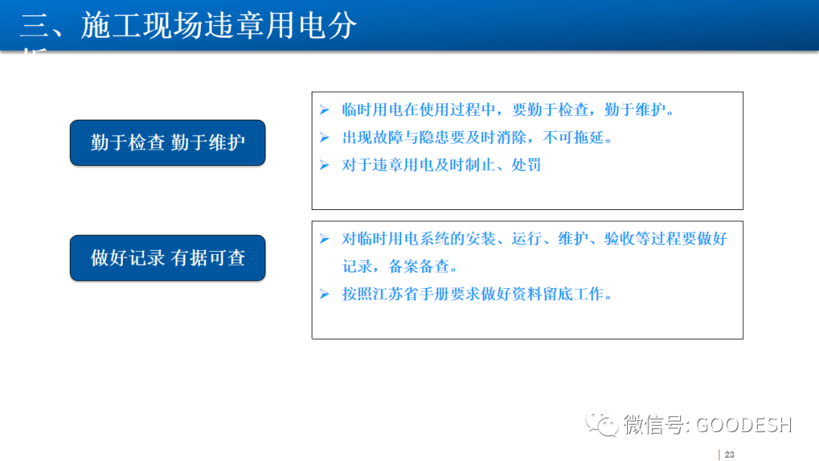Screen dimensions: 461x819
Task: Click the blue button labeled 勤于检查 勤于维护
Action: [168, 143]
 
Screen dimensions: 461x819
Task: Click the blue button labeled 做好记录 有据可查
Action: [168, 258]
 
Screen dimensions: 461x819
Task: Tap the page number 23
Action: [730, 454]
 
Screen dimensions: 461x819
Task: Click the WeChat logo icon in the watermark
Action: [604, 424]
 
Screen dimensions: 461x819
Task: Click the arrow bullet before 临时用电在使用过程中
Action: [325, 110]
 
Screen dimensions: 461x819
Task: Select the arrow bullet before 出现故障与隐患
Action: [325, 137]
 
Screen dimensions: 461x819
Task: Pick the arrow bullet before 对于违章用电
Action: [325, 165]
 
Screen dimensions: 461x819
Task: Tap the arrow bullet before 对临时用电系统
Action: [325, 239]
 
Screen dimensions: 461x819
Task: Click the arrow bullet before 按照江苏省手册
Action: [325, 293]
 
